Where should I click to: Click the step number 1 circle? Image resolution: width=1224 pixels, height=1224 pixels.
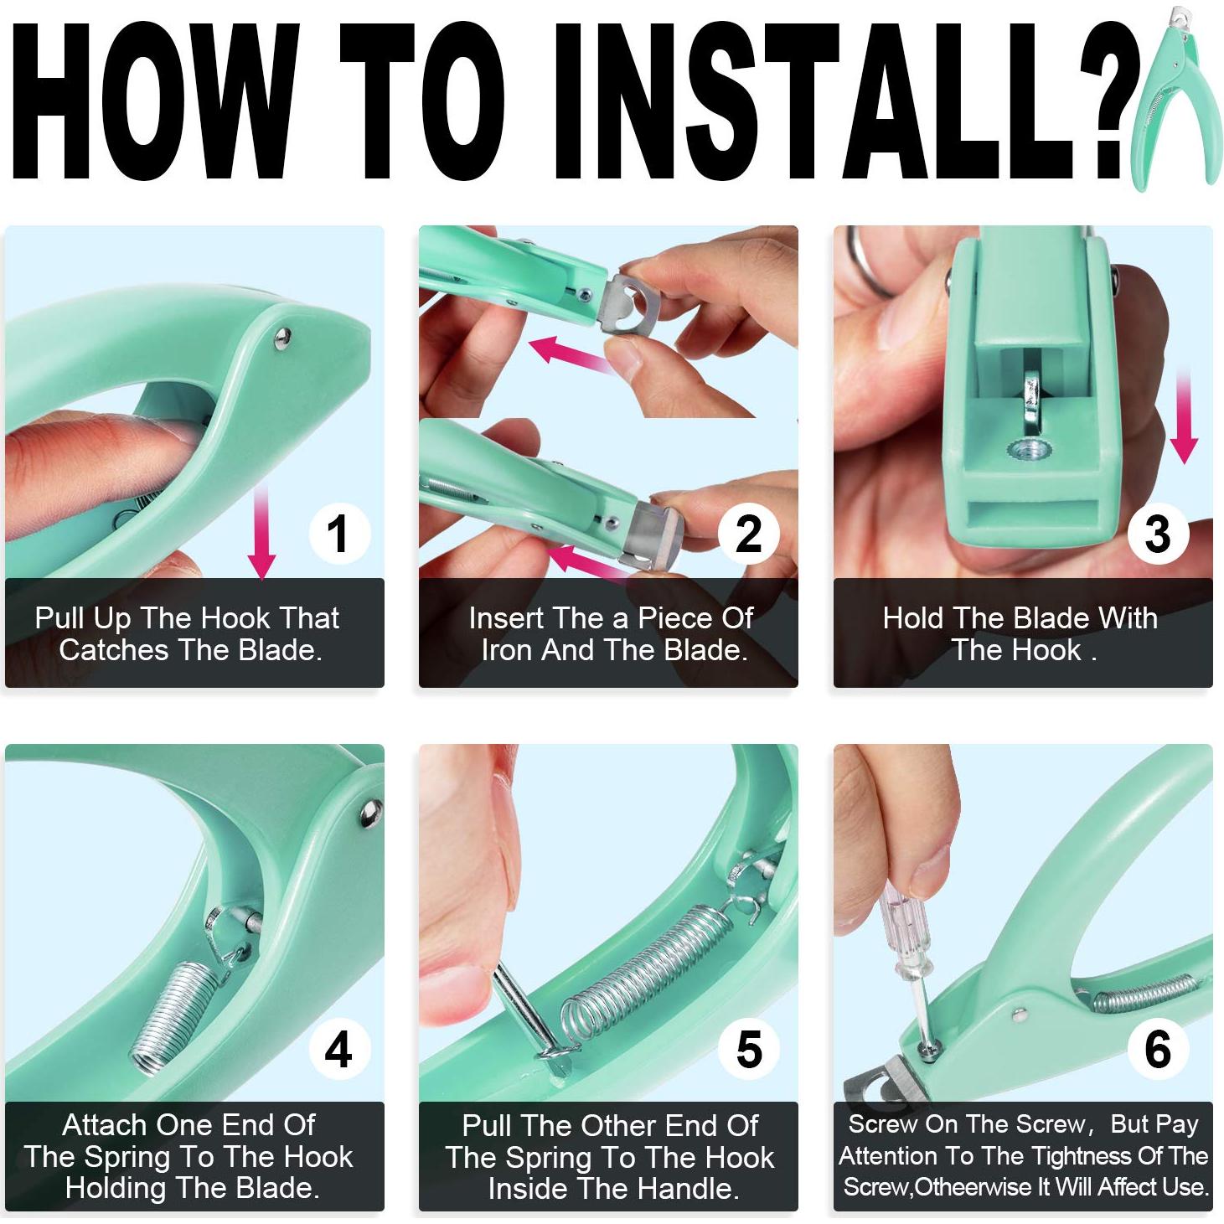[x=338, y=534]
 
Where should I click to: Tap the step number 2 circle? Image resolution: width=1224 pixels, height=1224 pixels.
[x=748, y=534]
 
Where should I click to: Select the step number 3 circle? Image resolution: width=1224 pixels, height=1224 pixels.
[x=1157, y=534]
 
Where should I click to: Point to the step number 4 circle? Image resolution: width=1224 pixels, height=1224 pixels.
[x=338, y=1049]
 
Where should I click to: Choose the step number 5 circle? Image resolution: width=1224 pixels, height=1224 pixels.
[x=748, y=1049]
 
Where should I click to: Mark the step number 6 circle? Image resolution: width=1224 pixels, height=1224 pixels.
[x=1157, y=1049]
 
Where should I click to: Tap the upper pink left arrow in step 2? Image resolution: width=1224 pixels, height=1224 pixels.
[x=570, y=352]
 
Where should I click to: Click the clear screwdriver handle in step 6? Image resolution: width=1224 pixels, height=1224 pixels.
[x=903, y=938]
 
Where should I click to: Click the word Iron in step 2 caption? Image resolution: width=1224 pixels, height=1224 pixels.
[x=507, y=650]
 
